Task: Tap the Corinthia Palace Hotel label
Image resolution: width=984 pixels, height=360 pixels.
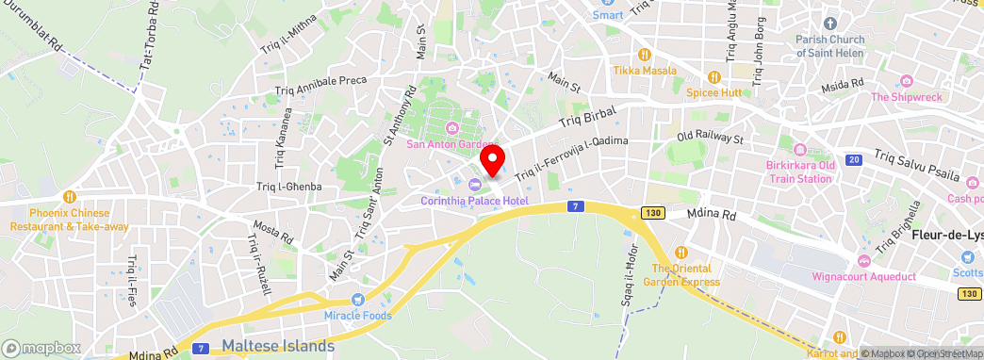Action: [474, 201]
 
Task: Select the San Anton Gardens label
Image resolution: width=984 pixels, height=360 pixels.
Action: [452, 144]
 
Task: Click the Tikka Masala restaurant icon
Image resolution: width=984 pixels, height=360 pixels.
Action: [646, 54]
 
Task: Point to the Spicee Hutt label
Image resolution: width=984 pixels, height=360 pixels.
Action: [713, 92]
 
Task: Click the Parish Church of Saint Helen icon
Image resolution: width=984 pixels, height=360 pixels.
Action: [830, 23]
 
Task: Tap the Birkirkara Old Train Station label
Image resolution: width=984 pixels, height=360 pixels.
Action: [799, 172]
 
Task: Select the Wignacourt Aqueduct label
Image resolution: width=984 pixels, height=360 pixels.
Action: [863, 277]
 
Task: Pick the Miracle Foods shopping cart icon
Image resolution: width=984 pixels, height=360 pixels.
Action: [357, 299]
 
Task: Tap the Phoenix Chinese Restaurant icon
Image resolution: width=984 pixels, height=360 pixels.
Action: [70, 196]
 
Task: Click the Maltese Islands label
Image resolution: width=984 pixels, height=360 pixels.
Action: [278, 346]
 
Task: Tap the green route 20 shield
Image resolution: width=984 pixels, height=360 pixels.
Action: [854, 159]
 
